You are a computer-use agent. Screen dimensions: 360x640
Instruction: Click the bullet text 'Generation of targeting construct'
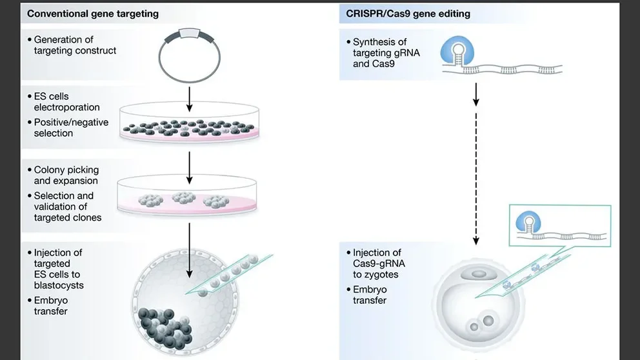75,45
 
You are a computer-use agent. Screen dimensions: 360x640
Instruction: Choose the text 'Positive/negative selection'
71,128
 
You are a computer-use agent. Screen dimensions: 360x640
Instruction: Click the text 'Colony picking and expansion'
66,175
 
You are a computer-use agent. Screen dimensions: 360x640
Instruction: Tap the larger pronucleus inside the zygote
488,320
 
